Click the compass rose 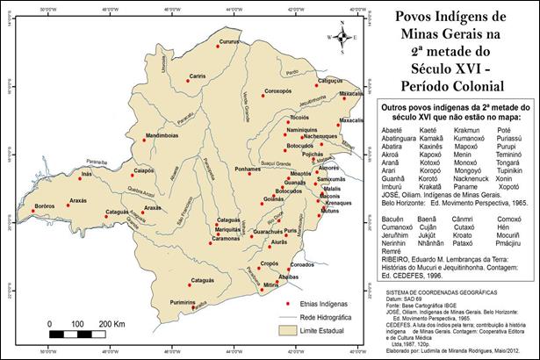pyautogui.click(x=342, y=38)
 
